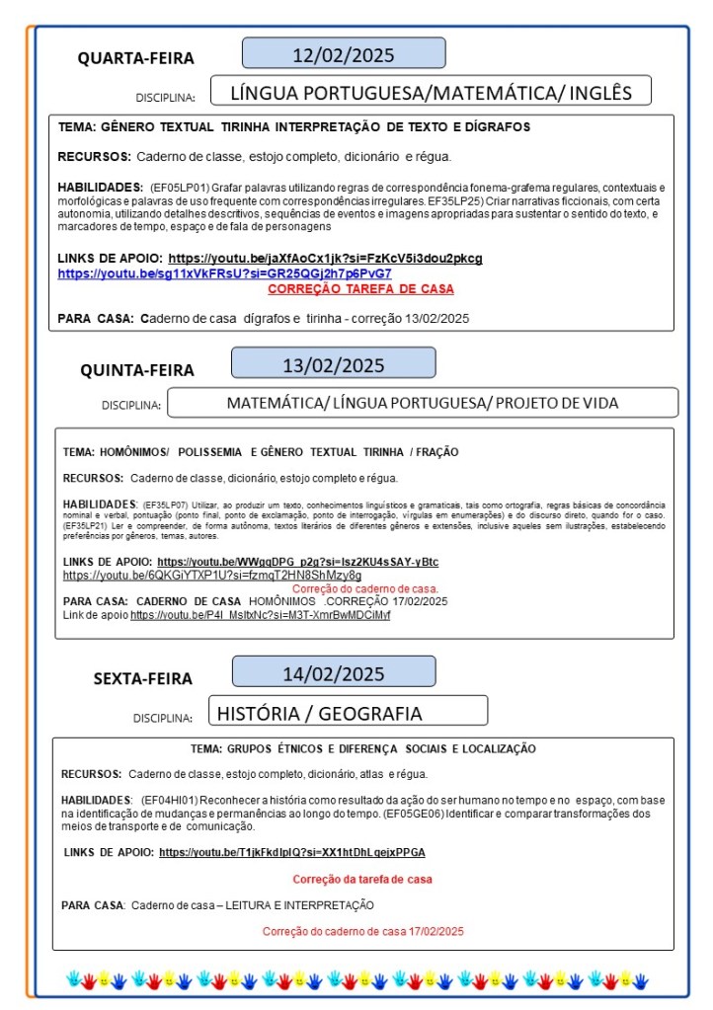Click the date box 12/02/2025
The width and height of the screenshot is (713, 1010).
(344, 53)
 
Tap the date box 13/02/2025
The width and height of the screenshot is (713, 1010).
(334, 364)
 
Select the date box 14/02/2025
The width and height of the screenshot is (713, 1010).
(334, 674)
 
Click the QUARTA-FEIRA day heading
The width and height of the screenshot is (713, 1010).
(136, 58)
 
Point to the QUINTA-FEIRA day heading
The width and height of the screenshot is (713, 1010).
(137, 370)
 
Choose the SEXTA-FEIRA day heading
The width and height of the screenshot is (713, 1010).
(143, 679)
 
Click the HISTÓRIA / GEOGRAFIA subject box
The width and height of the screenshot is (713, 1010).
(348, 713)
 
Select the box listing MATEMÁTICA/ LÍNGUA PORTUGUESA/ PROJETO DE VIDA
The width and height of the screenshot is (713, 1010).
(423, 403)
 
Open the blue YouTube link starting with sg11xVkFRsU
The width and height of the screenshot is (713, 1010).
(224, 273)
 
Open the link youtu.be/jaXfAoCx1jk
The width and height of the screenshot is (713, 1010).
(325, 259)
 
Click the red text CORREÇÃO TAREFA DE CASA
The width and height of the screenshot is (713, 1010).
(360, 289)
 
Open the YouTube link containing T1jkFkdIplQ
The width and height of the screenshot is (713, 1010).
(292, 852)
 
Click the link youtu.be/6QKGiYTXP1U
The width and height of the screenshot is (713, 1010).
(212, 575)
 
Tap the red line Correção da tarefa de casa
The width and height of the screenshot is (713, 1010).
(362, 879)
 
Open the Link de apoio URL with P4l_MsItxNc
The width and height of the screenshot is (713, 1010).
(260, 615)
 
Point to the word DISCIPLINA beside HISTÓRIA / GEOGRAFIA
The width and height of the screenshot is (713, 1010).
(163, 719)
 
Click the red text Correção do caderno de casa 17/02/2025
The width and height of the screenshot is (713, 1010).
(362, 931)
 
